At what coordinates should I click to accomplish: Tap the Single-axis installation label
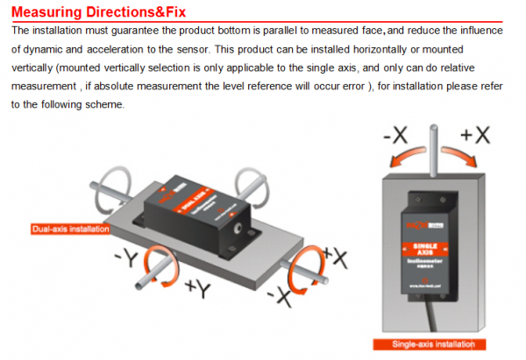point(429,345)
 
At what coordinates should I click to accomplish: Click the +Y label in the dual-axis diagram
point(199,289)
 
